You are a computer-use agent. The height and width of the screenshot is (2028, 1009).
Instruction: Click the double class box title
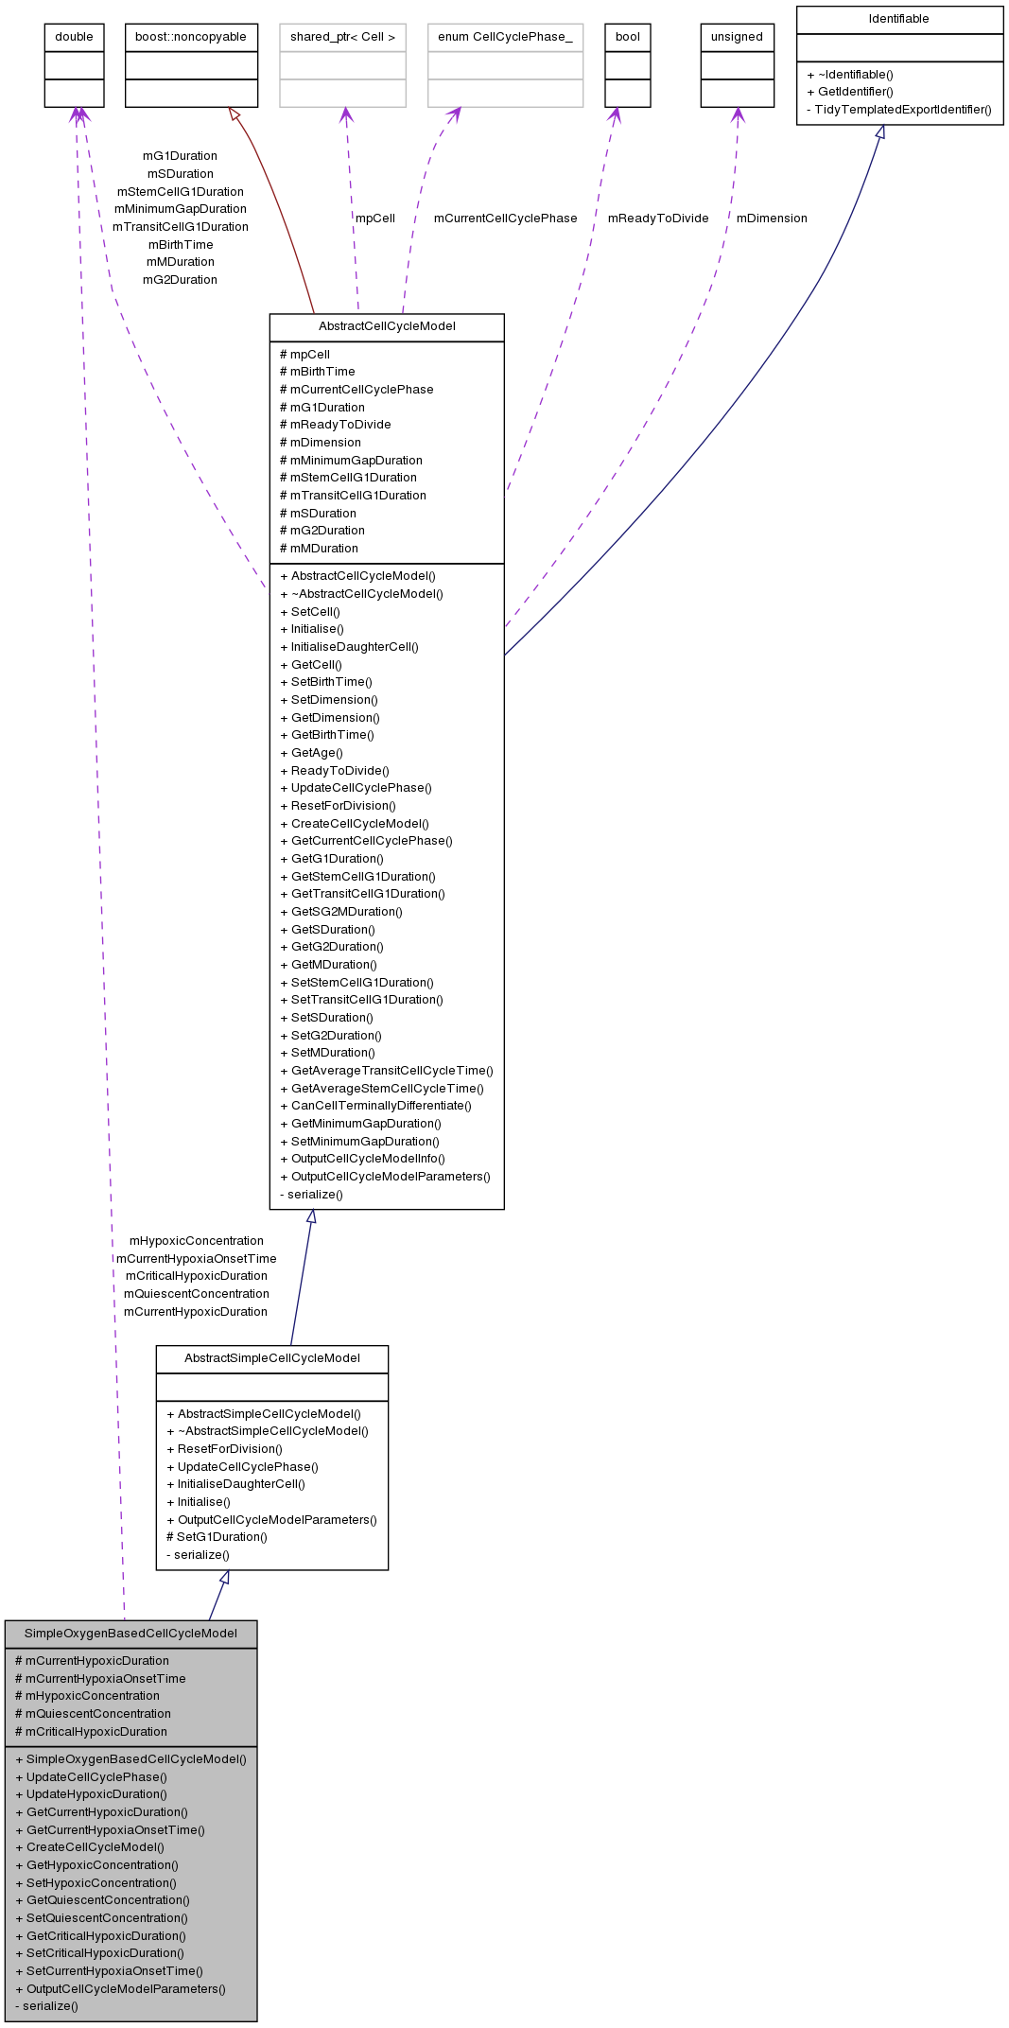click(x=74, y=37)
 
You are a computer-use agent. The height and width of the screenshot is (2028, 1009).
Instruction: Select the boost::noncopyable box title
click(x=191, y=37)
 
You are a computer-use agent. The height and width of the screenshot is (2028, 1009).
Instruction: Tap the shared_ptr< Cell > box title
click(x=342, y=37)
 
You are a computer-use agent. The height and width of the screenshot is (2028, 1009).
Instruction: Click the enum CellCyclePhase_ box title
click(x=505, y=37)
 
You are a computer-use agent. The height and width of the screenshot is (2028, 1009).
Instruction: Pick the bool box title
click(x=628, y=37)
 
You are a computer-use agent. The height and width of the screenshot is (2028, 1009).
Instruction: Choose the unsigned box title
click(x=737, y=37)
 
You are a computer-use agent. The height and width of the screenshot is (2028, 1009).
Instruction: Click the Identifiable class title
click(x=899, y=19)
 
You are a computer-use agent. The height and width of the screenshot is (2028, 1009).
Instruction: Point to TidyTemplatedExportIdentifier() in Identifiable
click(x=903, y=110)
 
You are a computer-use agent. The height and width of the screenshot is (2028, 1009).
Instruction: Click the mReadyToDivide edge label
click(x=658, y=219)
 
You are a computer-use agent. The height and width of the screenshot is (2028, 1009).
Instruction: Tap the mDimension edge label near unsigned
click(x=772, y=219)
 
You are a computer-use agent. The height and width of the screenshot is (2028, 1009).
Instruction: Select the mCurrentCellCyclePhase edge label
click(x=505, y=219)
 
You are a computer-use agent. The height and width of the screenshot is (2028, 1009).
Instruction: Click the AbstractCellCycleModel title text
click(x=387, y=326)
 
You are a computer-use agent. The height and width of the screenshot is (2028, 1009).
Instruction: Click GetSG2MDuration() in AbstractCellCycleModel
click(x=346, y=912)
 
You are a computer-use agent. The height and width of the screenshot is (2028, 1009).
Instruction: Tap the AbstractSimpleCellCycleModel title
click(x=272, y=1358)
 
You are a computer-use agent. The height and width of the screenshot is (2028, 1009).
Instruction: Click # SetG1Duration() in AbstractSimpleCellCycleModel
click(x=217, y=1537)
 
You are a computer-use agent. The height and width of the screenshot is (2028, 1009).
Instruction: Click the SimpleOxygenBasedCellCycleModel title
click(x=130, y=1634)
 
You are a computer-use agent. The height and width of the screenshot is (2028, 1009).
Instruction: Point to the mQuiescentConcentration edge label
click(x=197, y=1294)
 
